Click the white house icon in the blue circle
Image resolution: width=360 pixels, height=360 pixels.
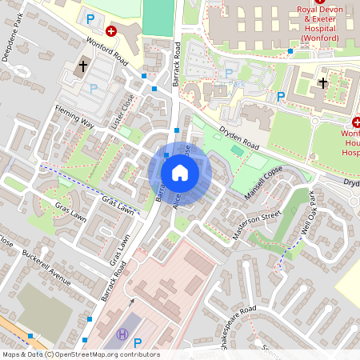180,173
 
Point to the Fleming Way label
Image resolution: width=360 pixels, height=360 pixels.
74,119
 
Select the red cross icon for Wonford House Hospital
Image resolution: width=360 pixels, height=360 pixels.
357,124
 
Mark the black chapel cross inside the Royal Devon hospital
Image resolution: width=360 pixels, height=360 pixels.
322,82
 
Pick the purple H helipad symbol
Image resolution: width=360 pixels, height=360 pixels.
122,334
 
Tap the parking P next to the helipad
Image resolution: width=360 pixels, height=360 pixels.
138,343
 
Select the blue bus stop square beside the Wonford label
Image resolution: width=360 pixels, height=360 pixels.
290,50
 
